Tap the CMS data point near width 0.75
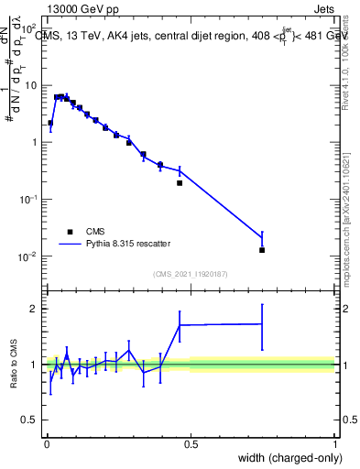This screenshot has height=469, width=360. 262,249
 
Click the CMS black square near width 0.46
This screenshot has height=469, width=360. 180,183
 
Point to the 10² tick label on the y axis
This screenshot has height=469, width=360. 29,28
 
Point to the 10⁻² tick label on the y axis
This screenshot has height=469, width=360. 29,256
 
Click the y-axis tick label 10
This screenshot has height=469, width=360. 31,85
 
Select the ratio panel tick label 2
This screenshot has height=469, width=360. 35,309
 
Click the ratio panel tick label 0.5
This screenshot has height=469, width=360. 30,420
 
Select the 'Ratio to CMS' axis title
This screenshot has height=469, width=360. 13,364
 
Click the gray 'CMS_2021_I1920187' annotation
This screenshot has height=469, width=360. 190,274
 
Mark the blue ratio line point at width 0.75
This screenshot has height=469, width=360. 262,323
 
